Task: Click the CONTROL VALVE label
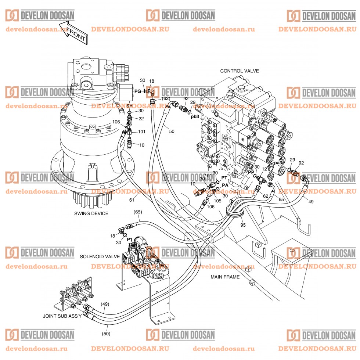pos(240,71)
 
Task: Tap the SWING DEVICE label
pos(91,213)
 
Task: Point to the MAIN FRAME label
pos(225,277)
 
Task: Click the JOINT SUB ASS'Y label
pos(62,316)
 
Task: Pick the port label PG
pos(138,91)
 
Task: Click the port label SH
pos(129,106)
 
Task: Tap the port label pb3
pos(195,117)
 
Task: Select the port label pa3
pos(278,163)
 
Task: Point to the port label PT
pos(225,177)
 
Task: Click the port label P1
pos(129,239)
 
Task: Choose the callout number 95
pos(242,224)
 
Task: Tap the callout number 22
pos(141,118)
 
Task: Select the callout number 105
pos(217,201)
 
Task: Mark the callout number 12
pos(264,169)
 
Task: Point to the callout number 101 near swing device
pos(142,132)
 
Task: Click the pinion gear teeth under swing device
pos(92,200)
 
